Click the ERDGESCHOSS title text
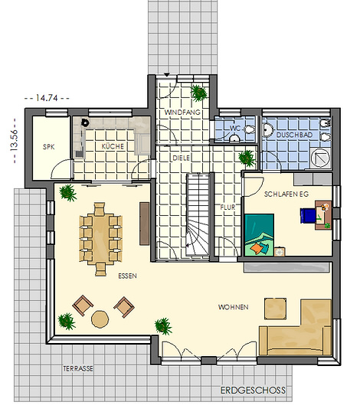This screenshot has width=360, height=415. [253, 390]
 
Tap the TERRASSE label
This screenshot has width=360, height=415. [78, 368]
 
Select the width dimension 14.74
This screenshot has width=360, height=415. [47, 98]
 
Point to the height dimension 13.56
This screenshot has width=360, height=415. [14, 140]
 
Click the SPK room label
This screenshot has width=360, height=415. [49, 147]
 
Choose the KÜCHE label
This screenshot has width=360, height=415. [113, 145]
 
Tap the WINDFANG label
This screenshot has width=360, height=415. [182, 113]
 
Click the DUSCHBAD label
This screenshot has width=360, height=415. [294, 135]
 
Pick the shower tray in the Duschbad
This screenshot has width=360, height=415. [321, 158]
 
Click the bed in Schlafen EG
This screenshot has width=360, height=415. [259, 235]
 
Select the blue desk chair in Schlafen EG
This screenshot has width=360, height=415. [308, 216]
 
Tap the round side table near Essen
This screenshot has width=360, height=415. [100, 319]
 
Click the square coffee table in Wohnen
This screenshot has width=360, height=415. [275, 309]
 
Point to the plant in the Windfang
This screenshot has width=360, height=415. [198, 93]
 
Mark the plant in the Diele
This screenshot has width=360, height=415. [247, 158]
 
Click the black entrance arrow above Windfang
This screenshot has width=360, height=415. [166, 75]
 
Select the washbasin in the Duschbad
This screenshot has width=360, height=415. [268, 129]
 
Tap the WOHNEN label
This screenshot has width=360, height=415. [233, 307]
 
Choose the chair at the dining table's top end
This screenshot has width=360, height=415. [100, 209]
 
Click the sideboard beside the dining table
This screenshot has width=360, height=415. [145, 224]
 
